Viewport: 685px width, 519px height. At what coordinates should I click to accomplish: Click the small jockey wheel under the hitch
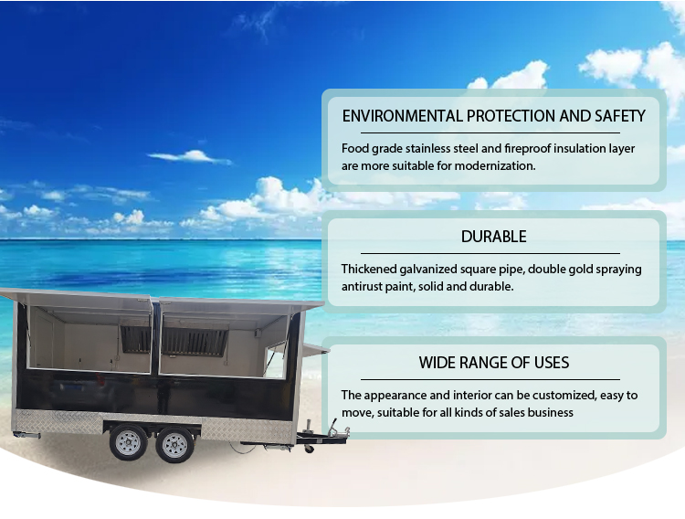click(x=310, y=448)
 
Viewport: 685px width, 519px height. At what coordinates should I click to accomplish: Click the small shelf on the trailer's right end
click(x=316, y=348)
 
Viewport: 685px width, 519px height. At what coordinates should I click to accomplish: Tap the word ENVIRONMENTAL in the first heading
click(x=402, y=116)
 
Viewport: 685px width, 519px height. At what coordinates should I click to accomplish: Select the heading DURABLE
click(x=493, y=237)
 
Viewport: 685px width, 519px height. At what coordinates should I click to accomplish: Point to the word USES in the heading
click(x=548, y=363)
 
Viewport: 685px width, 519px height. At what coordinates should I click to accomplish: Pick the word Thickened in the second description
click(x=372, y=269)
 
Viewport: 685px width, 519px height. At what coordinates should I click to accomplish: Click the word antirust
click(x=365, y=286)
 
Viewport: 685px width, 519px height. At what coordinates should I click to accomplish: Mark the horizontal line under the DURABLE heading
click(x=490, y=253)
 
